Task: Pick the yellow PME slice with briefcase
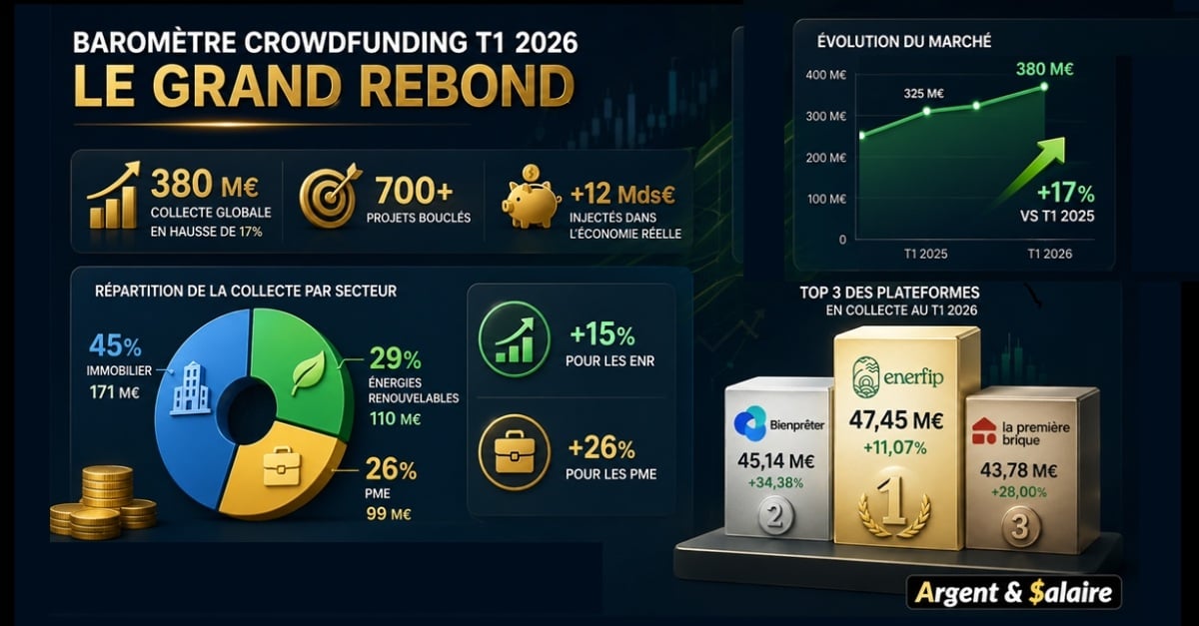coord(280,469)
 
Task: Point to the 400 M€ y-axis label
coord(826,75)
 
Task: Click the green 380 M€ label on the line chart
coord(1044,69)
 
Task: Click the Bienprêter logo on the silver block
coord(777,422)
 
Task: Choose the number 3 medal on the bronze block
coord(1018,527)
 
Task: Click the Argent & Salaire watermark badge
coord(1015,593)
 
